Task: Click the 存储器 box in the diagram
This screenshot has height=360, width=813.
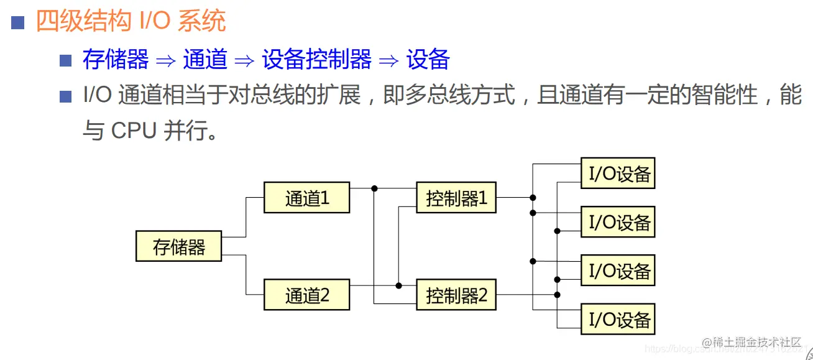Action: click(178, 246)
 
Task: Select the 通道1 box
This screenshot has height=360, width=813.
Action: click(306, 198)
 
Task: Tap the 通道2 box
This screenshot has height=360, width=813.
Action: click(306, 295)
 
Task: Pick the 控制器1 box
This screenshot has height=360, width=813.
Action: click(456, 198)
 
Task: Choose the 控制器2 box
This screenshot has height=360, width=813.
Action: click(456, 295)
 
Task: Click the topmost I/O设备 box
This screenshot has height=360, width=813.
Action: click(618, 173)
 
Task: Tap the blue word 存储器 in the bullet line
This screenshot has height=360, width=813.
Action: click(116, 60)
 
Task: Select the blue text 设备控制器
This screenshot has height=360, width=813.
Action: click(316, 60)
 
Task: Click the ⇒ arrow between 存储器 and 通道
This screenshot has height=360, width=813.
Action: click(166, 60)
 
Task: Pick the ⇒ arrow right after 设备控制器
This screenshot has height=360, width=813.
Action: click(388, 60)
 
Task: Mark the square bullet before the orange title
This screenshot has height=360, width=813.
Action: click(18, 23)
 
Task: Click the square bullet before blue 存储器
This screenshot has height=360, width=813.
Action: click(66, 61)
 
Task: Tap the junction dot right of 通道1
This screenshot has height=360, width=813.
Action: click(374, 188)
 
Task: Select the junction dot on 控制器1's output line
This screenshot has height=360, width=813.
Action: click(533, 198)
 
